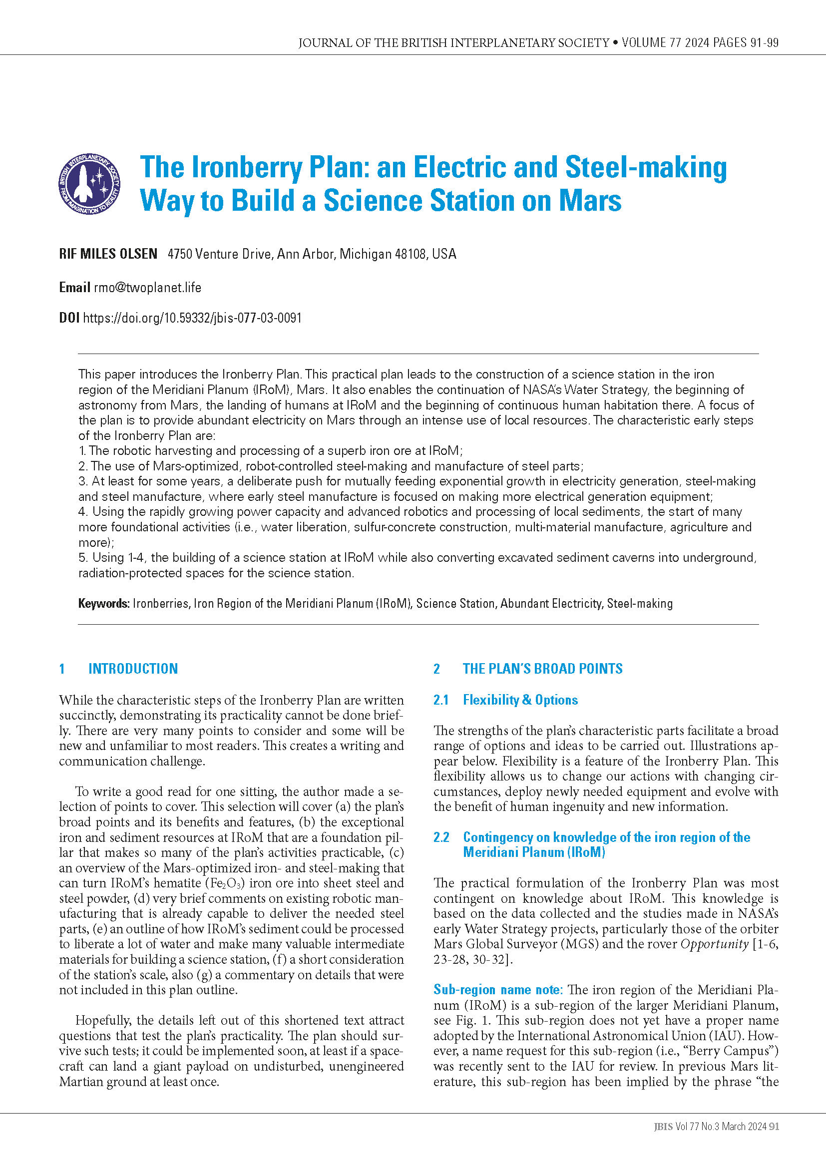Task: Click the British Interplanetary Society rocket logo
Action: coord(89,184)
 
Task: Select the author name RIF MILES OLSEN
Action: coord(108,254)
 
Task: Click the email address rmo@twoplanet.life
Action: coord(147,288)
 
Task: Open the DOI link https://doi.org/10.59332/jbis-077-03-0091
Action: coord(192,318)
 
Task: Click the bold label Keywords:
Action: coord(104,603)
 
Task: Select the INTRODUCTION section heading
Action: coord(133,669)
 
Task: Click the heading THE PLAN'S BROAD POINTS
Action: coord(542,669)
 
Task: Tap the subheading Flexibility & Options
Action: coord(520,700)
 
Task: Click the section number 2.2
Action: coord(441,837)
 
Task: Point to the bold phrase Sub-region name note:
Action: coord(497,989)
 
